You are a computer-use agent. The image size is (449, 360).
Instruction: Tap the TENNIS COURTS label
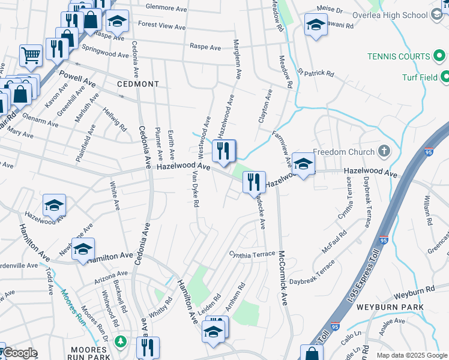click(x=399, y=56)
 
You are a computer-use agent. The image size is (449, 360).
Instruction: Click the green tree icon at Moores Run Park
click(x=121, y=341)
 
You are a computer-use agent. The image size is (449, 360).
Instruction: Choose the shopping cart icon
click(x=30, y=56)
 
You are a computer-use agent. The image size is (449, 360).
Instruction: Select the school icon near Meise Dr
click(x=315, y=25)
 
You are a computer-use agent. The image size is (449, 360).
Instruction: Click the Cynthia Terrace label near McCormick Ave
click(x=251, y=254)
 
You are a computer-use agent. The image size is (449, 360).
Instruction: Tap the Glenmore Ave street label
click(x=166, y=8)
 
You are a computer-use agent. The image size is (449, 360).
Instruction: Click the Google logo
click(x=19, y=353)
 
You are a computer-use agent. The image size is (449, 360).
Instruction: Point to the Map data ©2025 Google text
click(x=411, y=355)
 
